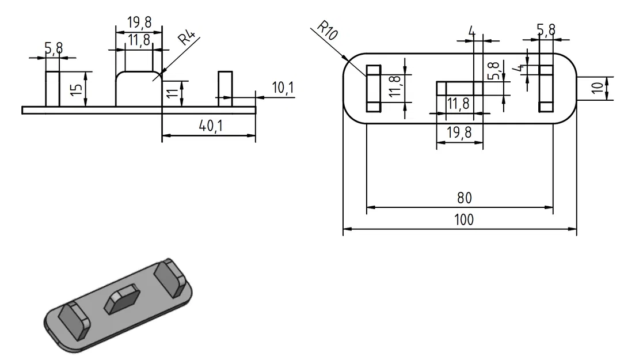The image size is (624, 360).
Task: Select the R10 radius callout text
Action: [327, 30]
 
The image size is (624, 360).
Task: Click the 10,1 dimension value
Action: [283, 88]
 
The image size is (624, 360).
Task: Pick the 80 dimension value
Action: [464, 198]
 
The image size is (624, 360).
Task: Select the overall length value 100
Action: [464, 220]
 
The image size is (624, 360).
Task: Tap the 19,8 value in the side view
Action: [139, 22]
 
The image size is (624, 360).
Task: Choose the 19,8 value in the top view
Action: [459, 132]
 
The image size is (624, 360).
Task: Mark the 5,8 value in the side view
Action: [54, 49]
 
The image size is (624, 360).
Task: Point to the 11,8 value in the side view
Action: [138, 40]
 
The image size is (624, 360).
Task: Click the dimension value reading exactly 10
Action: [599, 88]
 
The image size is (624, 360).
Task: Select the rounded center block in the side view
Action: [139, 89]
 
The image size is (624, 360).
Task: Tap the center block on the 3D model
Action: [122, 300]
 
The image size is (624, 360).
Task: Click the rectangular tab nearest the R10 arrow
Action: [373, 88]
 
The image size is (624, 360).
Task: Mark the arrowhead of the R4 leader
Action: [163, 73]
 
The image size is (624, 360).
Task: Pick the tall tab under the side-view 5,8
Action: [53, 89]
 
